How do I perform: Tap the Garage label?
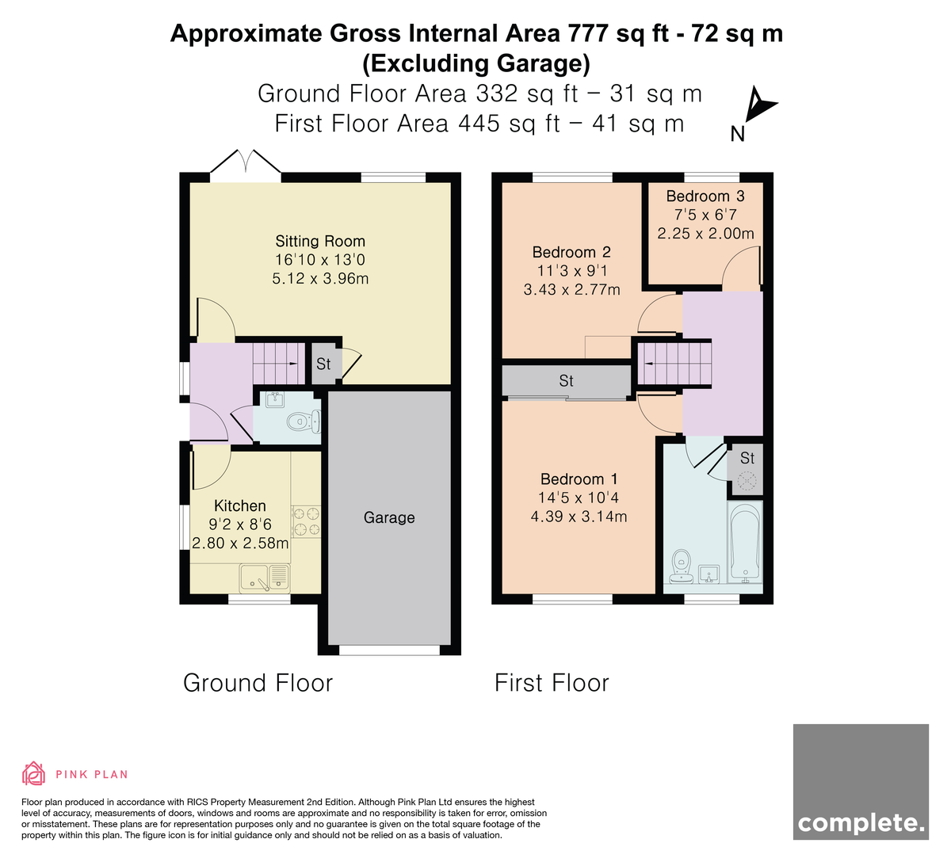389,517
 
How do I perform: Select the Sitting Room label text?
320,242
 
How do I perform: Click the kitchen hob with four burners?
306,521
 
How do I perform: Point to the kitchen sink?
265,578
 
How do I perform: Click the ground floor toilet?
304,421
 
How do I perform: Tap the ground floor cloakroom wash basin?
275,399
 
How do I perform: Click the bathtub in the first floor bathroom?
745,543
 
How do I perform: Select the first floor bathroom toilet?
682,566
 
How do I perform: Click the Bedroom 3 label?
705,196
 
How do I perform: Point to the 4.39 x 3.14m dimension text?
579,517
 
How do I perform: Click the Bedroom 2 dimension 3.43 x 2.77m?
571,289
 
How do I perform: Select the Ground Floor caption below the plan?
258,683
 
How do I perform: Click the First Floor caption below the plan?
552,683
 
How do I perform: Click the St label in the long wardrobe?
566,381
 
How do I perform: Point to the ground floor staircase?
278,364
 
